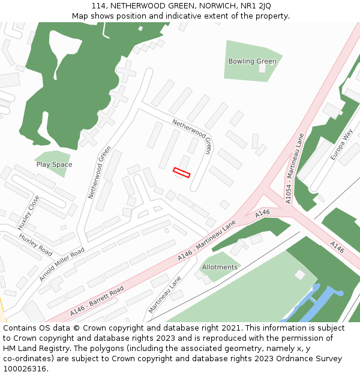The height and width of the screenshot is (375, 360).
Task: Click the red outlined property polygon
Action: [x=181, y=173]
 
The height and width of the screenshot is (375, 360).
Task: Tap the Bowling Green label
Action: [x=252, y=61]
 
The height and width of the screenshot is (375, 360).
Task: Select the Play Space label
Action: [x=54, y=164]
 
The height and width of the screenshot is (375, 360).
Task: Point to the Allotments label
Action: [x=220, y=267]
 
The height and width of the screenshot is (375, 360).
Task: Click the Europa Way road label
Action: [x=341, y=144]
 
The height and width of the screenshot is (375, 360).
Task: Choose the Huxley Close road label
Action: [x=28, y=212]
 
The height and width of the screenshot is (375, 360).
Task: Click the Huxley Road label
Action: [x=35, y=245]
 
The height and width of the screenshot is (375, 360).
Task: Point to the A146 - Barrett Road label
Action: [x=97, y=301]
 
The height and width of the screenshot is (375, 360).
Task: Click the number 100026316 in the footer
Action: [x=25, y=369]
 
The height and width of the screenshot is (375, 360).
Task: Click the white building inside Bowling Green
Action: [x=262, y=68]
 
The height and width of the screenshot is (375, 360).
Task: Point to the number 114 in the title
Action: [x=97, y=6]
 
